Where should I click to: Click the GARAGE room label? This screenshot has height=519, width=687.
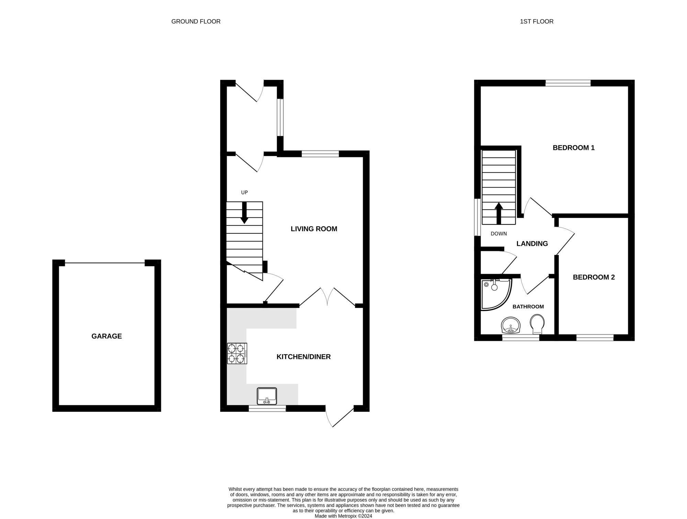pyautogui.click(x=106, y=336)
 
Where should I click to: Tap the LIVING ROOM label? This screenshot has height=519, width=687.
pyautogui.click(x=314, y=229)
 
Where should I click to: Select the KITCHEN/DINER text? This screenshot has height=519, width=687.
pyautogui.click(x=304, y=357)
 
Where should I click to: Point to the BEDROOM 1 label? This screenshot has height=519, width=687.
pyautogui.click(x=574, y=148)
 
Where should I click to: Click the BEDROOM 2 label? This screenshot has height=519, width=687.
pyautogui.click(x=594, y=277)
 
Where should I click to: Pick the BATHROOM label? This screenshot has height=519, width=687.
pyautogui.click(x=528, y=307)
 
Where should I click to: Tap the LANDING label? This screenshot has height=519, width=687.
pyautogui.click(x=532, y=244)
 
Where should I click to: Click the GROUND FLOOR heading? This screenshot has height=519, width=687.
pyautogui.click(x=196, y=21)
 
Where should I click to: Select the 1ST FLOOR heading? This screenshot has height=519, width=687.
pyautogui.click(x=537, y=21)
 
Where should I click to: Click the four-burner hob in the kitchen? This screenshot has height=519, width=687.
pyautogui.click(x=237, y=353)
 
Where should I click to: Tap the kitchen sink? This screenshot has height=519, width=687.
pyautogui.click(x=267, y=396)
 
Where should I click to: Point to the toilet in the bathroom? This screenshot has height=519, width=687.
pyautogui.click(x=537, y=324)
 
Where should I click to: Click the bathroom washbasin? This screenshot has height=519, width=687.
pyautogui.click(x=511, y=325)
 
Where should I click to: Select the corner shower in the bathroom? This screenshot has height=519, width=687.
pyautogui.click(x=496, y=294)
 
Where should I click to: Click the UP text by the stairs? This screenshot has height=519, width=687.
pyautogui.click(x=244, y=192)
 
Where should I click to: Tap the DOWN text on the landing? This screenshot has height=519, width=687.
pyautogui.click(x=499, y=234)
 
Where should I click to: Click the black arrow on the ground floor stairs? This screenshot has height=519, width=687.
pyautogui.click(x=244, y=213)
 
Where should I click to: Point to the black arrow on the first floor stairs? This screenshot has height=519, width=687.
pyautogui.click(x=499, y=213)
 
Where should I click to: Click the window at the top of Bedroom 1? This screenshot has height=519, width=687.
pyautogui.click(x=568, y=83)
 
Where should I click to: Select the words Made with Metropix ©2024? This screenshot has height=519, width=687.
pyautogui.click(x=343, y=516)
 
